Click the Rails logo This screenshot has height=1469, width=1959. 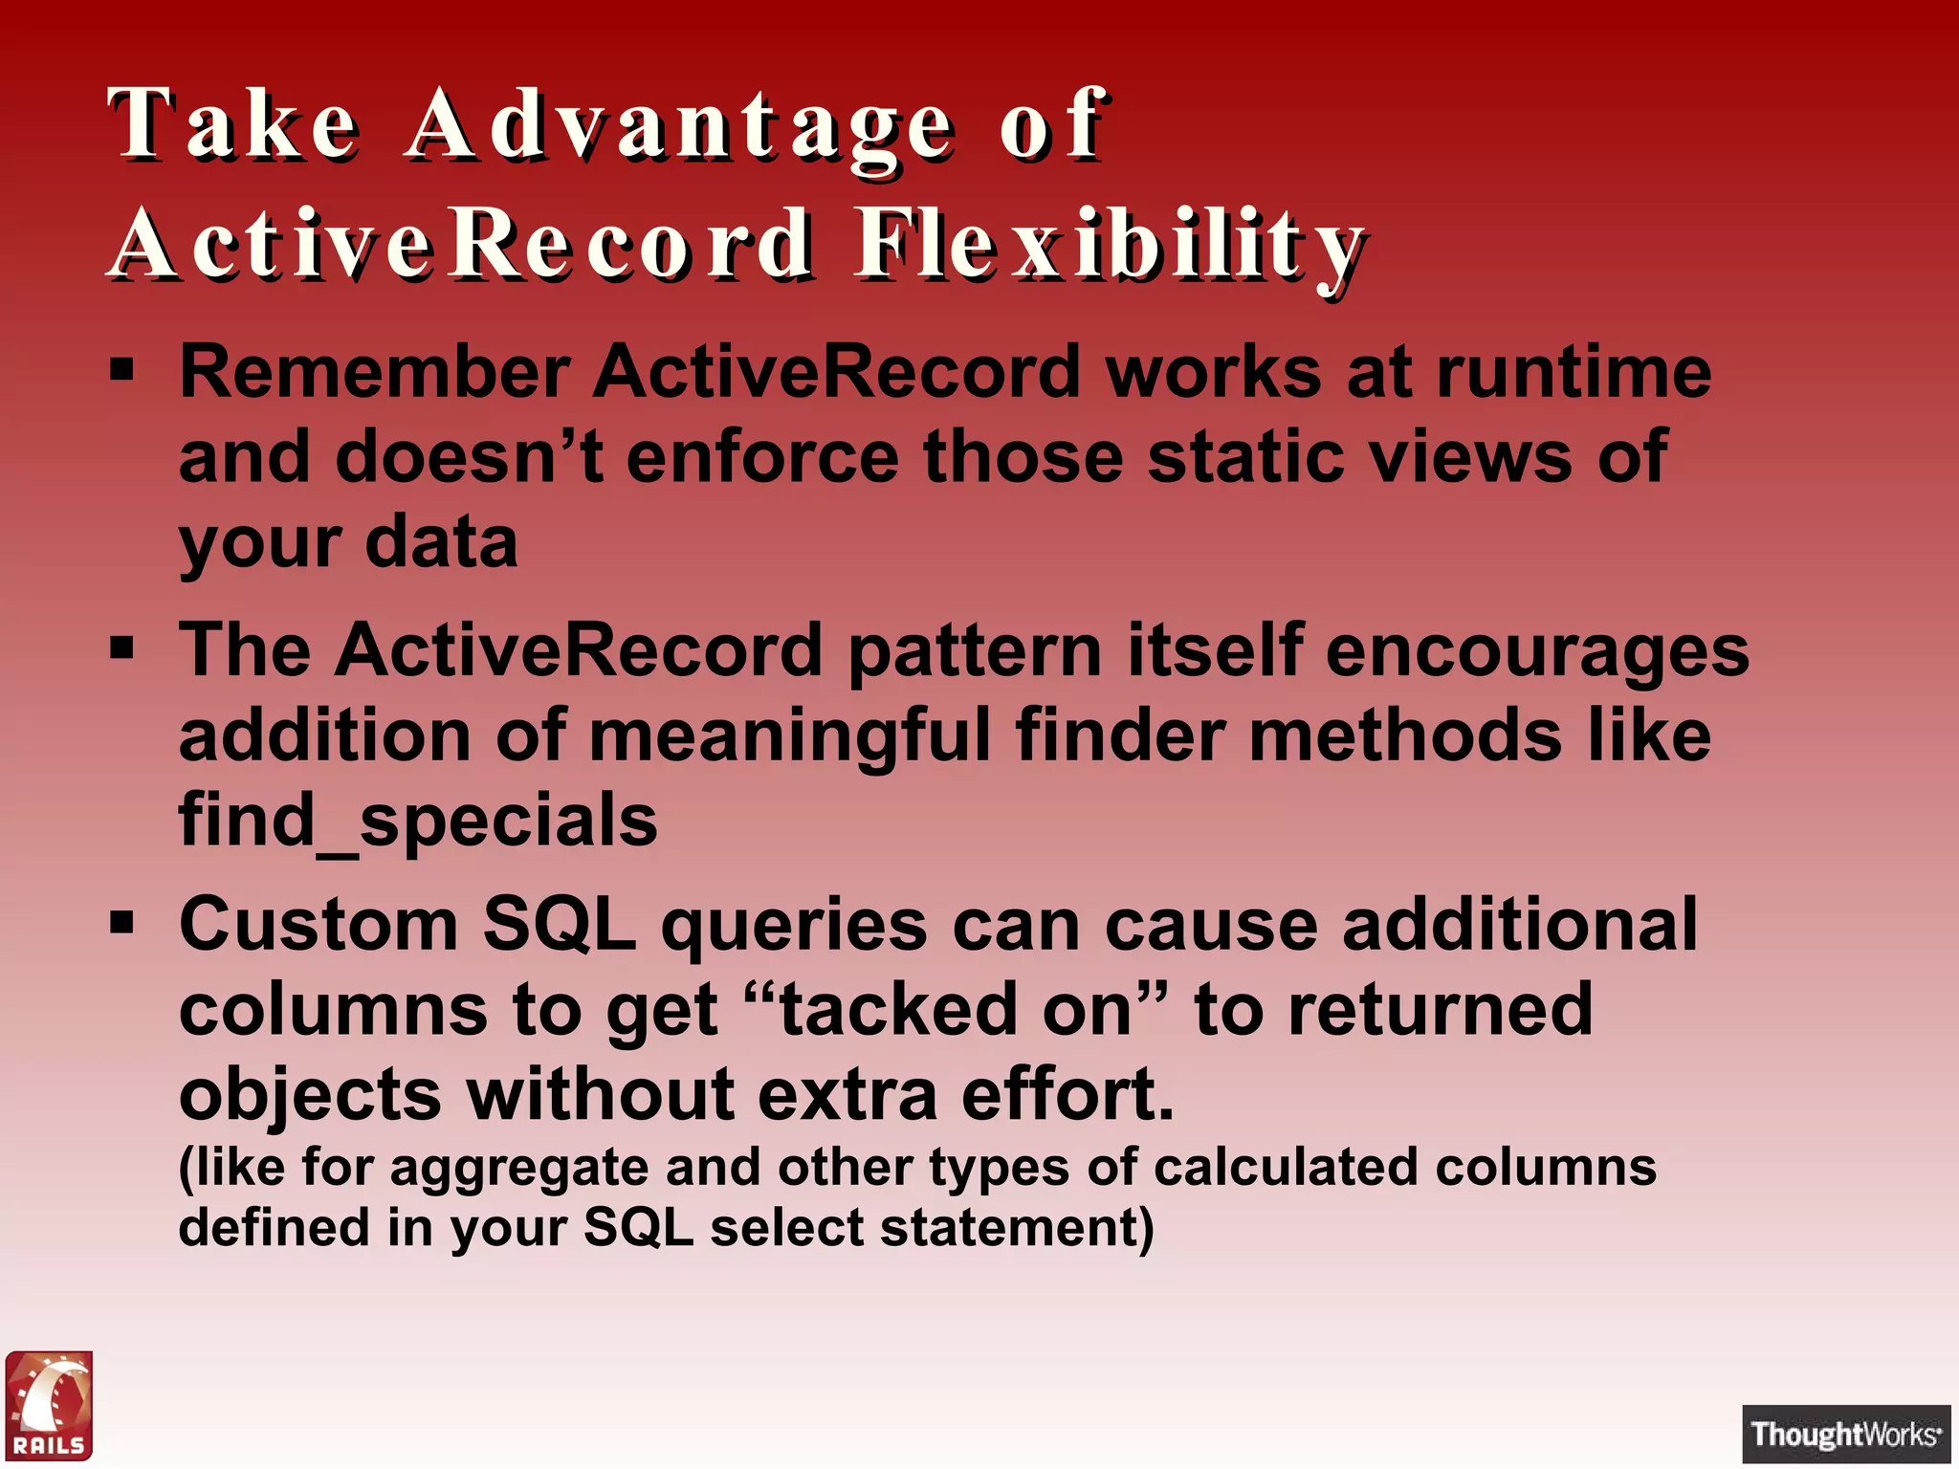[49, 1405]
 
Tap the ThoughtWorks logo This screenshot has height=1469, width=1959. [1845, 1434]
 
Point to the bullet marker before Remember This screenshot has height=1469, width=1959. [121, 370]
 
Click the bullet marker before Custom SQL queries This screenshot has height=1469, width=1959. [121, 924]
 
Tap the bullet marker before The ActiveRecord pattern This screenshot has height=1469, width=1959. [121, 649]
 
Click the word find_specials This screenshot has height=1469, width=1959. [418, 821]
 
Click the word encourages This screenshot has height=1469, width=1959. [1537, 651]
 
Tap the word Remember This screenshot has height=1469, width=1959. [375, 372]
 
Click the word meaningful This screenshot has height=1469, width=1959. [789, 735]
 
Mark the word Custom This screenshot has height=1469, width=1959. [319, 925]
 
